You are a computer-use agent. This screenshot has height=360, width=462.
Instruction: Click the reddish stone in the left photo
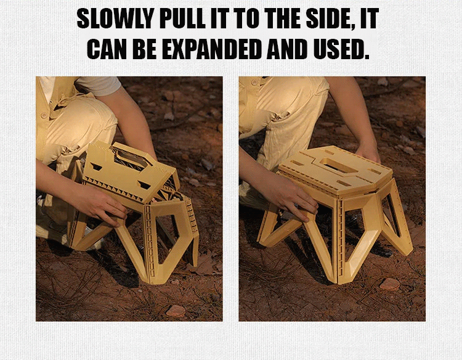point(176,311)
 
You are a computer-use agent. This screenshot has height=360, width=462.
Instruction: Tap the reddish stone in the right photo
point(389,284)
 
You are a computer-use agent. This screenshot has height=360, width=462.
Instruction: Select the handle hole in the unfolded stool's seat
point(335,163)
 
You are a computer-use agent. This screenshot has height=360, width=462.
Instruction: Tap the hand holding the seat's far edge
point(368,154)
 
